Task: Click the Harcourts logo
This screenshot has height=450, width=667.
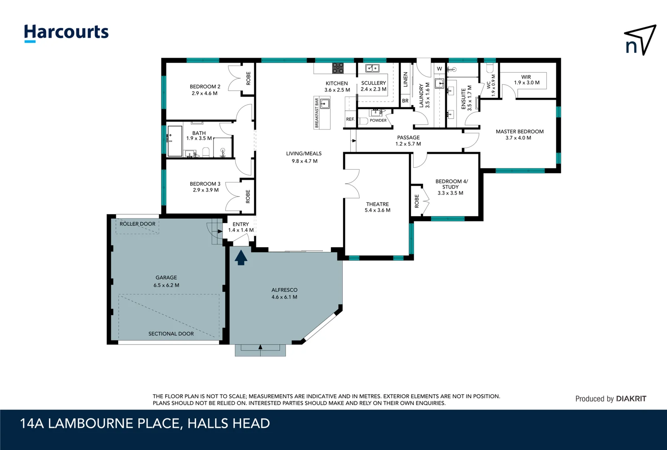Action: [66, 32]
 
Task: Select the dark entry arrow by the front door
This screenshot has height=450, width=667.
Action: [241, 257]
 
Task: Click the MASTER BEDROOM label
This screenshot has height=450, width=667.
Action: [519, 131]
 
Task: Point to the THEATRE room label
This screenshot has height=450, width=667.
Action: [377, 204]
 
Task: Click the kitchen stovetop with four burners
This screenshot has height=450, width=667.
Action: [338, 68]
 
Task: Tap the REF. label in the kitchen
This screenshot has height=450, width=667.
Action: [350, 119]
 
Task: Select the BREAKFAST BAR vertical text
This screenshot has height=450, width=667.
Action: [317, 113]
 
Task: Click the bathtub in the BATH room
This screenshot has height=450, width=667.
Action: [175, 141]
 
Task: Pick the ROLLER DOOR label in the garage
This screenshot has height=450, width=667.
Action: [137, 224]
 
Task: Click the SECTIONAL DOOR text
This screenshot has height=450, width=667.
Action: [171, 334]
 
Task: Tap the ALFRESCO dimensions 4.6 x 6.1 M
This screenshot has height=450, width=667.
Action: [284, 297]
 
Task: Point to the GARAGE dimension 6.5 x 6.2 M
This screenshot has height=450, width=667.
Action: [166, 285]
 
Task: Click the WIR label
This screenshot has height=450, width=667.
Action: [526, 77]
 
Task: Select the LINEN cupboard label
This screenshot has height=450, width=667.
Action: [406, 79]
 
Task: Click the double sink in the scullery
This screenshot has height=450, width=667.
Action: [372, 68]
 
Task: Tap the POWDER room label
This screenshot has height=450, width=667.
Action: [378, 120]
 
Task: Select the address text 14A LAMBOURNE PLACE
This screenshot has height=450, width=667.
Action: [100, 423]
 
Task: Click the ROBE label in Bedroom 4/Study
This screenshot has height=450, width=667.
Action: [417, 201]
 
